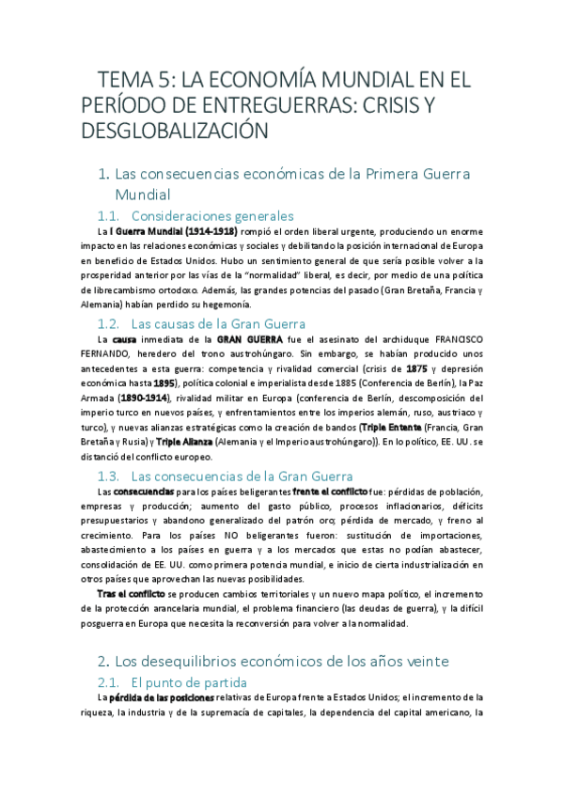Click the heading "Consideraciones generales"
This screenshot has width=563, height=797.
pos(212,215)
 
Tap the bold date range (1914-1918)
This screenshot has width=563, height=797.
pos(198,231)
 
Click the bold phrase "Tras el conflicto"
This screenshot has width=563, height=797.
pos(131,594)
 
